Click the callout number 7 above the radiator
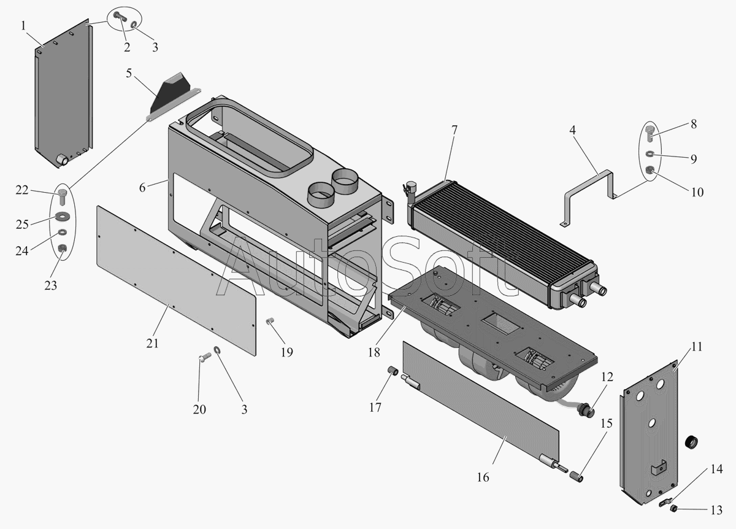click(x=454, y=131)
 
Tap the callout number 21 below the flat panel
click(x=153, y=344)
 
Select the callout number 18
click(x=374, y=352)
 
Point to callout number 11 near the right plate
click(x=697, y=347)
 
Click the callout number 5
click(x=129, y=73)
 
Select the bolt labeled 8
click(x=650, y=134)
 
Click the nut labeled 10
click(x=650, y=171)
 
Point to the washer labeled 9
click(x=650, y=153)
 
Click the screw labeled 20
click(x=205, y=356)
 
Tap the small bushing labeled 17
click(x=393, y=371)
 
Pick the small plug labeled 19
click(x=270, y=320)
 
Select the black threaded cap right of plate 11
click(x=691, y=441)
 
